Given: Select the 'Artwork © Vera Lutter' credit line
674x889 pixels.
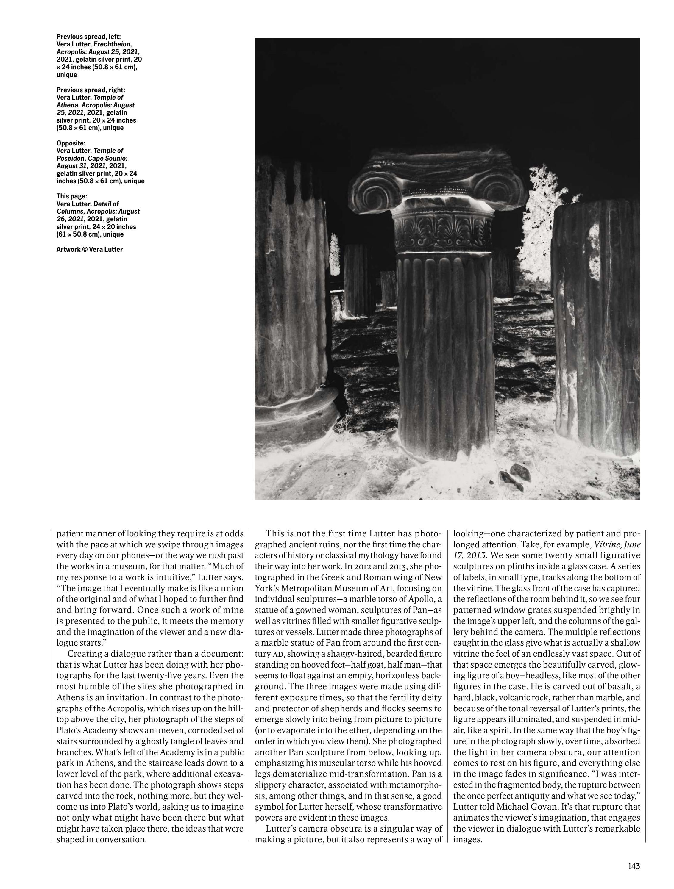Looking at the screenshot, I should [x=89, y=250].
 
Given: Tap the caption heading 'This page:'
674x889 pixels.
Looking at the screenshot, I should [x=71, y=197].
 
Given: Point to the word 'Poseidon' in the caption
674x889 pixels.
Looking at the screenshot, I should [x=71, y=158].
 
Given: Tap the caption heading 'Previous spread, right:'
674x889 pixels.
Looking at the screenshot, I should [x=91, y=90].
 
